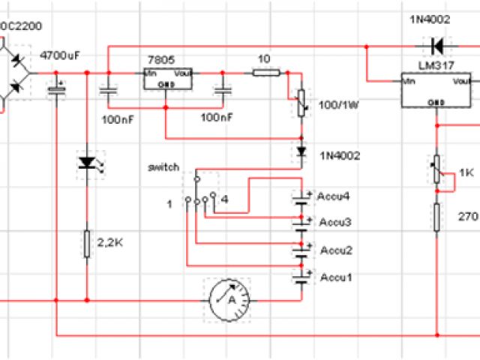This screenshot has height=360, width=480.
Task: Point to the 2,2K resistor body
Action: click(x=87, y=242)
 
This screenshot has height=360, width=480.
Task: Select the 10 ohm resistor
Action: click(x=265, y=73)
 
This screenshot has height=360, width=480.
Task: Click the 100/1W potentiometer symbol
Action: click(x=301, y=104)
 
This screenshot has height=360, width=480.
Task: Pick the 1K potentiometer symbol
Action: click(x=436, y=170)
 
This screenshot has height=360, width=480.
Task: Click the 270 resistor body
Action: click(x=436, y=217)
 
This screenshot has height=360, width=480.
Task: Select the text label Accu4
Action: click(x=334, y=196)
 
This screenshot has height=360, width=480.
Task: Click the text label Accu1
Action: click(x=334, y=277)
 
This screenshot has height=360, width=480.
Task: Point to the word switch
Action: click(x=164, y=166)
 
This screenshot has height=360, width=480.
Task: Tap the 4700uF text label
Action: click(x=60, y=55)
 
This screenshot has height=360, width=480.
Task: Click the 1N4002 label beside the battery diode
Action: click(x=340, y=156)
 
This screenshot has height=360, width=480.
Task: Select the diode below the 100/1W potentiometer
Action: click(x=301, y=151)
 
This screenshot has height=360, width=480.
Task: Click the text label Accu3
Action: click(x=334, y=223)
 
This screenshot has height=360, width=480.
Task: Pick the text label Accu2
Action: click(x=334, y=250)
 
